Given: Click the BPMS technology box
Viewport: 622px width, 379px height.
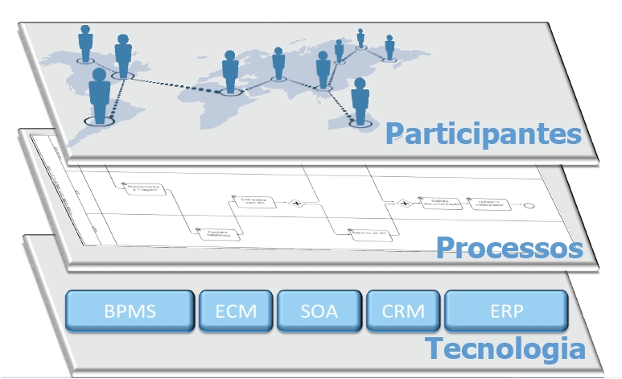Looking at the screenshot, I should point(130,311).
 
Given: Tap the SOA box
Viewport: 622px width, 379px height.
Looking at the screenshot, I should point(319,311).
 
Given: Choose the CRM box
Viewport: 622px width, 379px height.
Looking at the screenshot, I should point(403,311).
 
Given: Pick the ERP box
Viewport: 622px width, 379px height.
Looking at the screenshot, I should point(506,311).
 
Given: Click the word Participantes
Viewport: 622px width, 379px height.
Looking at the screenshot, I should point(482,133).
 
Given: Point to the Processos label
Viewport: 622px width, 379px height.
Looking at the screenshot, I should point(509,247).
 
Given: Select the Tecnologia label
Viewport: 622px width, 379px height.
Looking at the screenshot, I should point(505,349).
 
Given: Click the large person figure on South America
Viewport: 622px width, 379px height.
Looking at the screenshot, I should point(100,95).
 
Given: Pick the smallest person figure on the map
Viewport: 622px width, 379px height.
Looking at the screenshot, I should point(360,37).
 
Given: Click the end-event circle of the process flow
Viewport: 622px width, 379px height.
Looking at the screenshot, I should point(528,205).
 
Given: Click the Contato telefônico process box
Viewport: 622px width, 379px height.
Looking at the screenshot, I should point(215,233).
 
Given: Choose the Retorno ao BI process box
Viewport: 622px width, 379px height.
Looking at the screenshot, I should point(364,233).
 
